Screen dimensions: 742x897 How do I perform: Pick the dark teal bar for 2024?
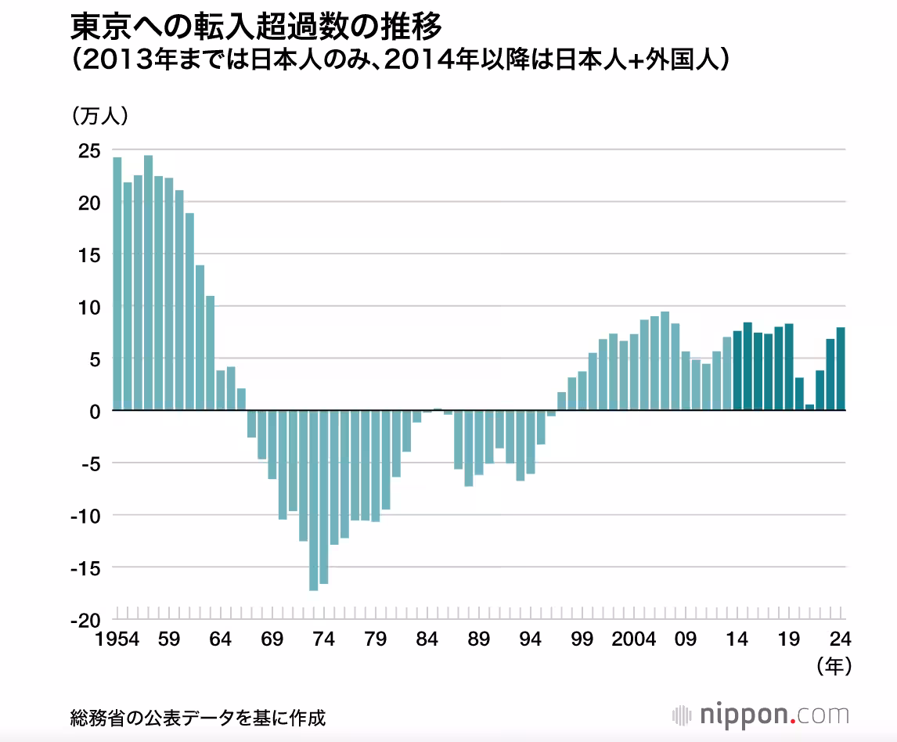tap(841, 369)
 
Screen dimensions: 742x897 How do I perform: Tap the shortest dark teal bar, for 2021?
tap(809, 407)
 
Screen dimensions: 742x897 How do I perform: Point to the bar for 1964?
tap(221, 391)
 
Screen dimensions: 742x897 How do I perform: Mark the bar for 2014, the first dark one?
tap(737, 371)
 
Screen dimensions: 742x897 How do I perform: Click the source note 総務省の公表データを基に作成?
tap(197, 717)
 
